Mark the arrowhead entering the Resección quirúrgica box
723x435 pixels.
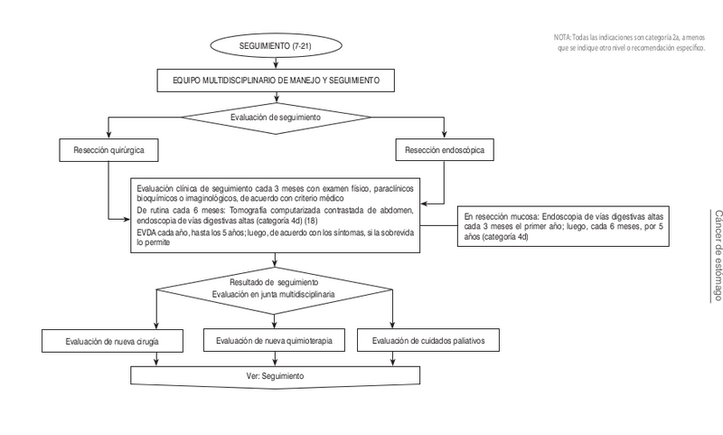point(108,137)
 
